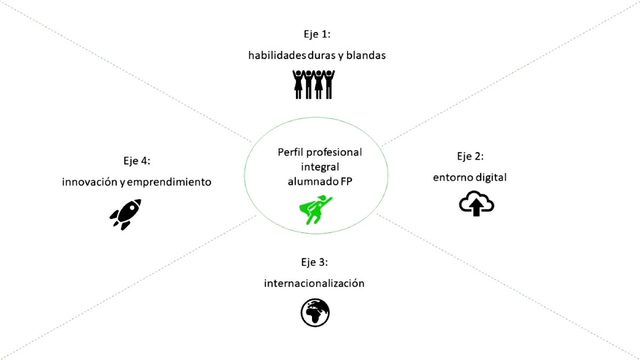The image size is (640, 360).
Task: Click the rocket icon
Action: (125, 214)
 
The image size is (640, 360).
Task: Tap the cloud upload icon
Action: (476, 204)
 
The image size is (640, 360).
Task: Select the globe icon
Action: (315, 312)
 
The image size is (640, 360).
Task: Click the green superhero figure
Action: (315, 210)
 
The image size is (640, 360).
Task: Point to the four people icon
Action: (314, 84)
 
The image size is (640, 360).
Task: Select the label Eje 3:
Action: (314, 262)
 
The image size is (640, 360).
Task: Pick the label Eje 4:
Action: (137, 161)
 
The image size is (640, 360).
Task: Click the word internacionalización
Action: (314, 283)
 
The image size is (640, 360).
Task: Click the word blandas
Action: (366, 55)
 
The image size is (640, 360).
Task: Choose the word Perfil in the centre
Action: (291, 152)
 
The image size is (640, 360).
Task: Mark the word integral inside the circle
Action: (320, 166)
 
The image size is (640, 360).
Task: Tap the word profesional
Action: (334, 152)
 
